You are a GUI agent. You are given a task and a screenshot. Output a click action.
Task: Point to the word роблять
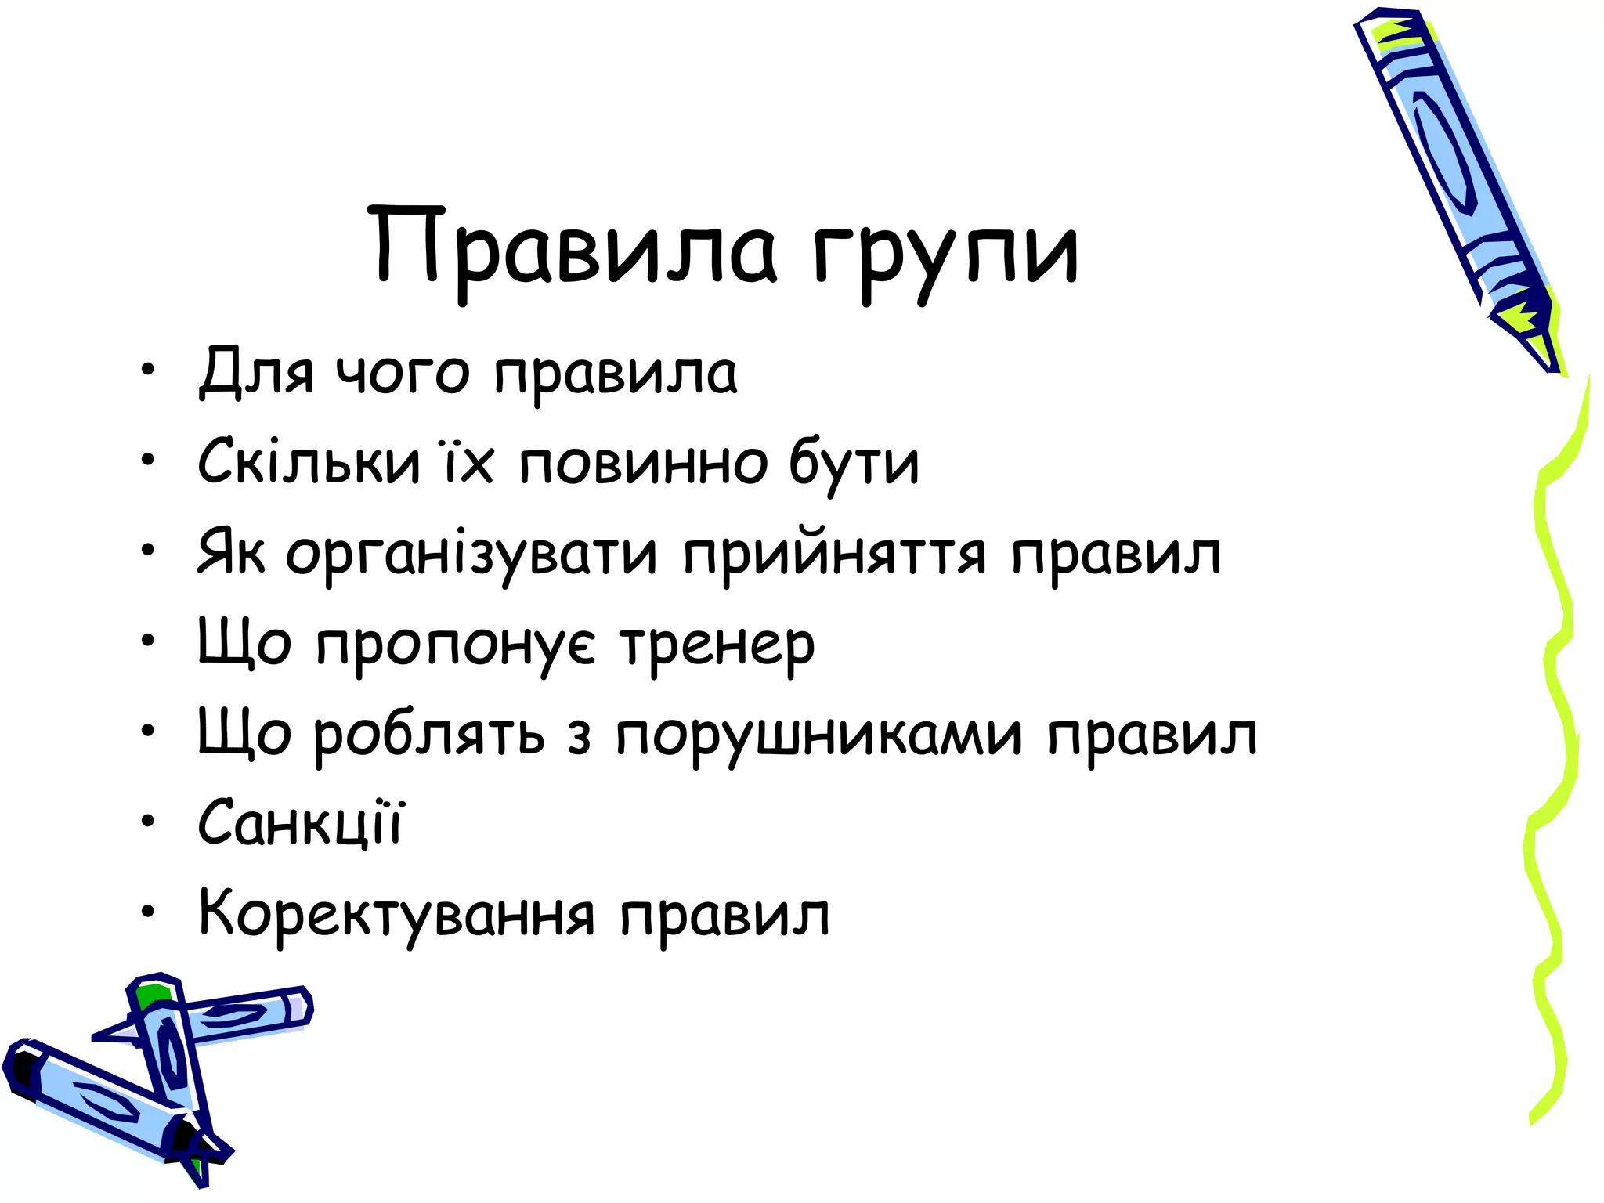coord(429,736)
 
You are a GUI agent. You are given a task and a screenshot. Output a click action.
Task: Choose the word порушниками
coord(818,736)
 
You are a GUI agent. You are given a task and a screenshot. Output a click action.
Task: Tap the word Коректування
coord(396,915)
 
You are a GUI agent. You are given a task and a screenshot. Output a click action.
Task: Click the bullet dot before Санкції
coord(148,822)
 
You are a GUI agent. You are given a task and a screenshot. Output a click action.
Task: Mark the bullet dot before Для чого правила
coord(148,369)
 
